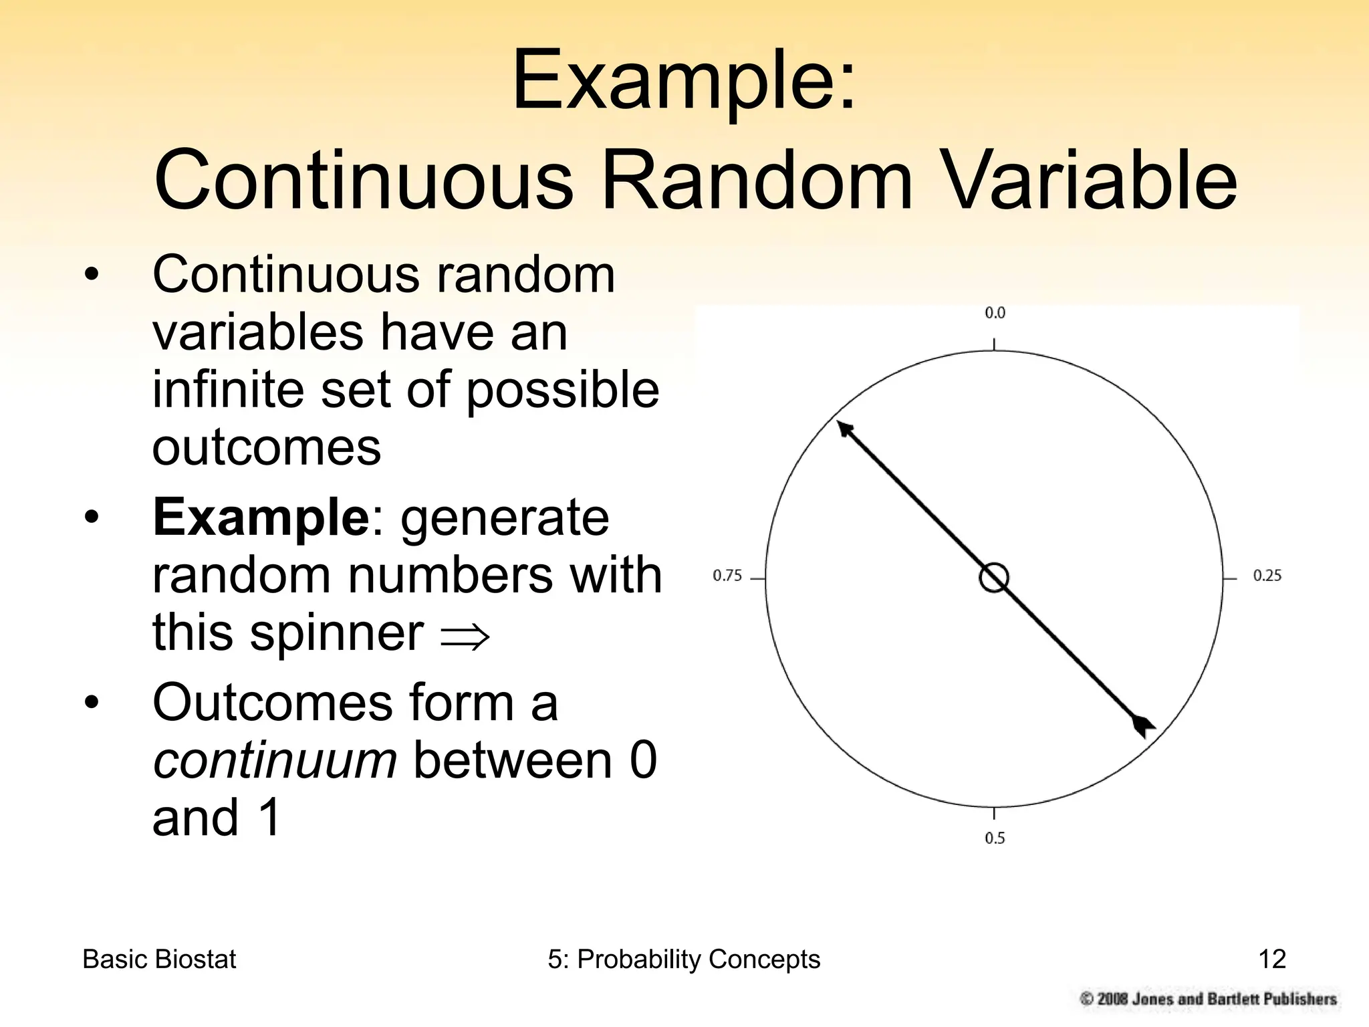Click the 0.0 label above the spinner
pos(995,313)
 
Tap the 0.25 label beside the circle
pos(1267,576)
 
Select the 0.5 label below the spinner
pos(995,838)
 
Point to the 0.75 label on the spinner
pos(727,576)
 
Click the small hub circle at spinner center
pos(994,578)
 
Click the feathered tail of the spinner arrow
pos(1143,725)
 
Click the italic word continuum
pos(275,760)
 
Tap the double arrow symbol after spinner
pos(465,636)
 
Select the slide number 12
pos(1271,959)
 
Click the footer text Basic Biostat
pos(159,959)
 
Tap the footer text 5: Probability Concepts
pos(684,959)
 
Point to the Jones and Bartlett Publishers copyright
pos(1209,999)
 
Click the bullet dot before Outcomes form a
pos(92,703)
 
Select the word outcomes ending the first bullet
pos(266,447)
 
